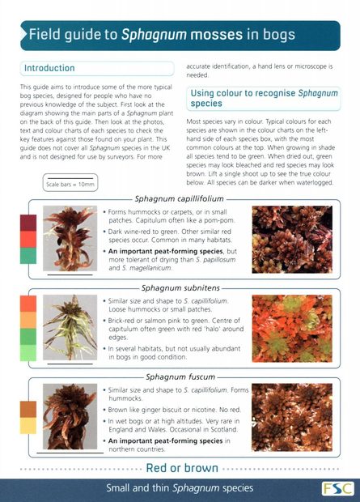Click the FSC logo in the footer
[334, 488]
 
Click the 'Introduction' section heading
[49, 68]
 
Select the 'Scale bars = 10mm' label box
[70, 184]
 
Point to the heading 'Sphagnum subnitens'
[180, 287]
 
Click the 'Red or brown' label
[181, 468]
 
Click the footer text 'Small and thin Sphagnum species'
[180, 488]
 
